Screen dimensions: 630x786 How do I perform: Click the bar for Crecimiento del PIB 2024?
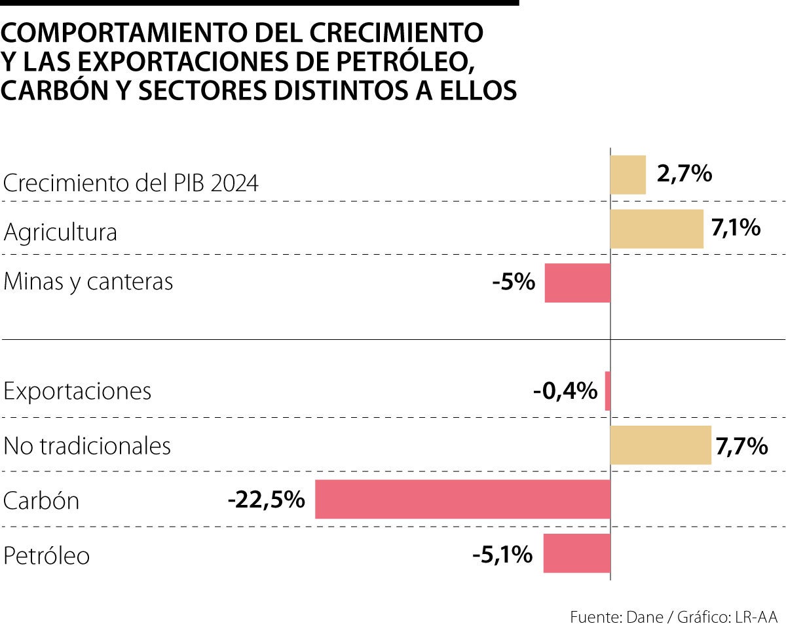click(627, 175)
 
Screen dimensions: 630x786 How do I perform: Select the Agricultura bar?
click(656, 229)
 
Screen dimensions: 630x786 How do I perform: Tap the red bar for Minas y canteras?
click(577, 283)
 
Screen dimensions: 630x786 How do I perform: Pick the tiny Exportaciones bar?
click(607, 391)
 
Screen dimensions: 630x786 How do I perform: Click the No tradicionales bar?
click(660, 445)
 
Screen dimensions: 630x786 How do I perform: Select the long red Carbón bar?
click(462, 500)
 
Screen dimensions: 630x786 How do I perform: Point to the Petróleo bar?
click(576, 553)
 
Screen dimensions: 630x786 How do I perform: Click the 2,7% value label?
click(684, 174)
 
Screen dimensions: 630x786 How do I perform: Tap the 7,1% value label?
click(736, 229)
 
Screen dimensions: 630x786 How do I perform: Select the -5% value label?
click(514, 283)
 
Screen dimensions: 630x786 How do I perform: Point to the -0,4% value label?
click(565, 392)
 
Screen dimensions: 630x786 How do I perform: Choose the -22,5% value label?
click(267, 500)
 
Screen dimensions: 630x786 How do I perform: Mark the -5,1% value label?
click(502, 555)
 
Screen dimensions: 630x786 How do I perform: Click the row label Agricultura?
click(60, 232)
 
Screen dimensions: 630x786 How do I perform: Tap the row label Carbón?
click(41, 501)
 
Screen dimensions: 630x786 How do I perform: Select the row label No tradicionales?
click(87, 446)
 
